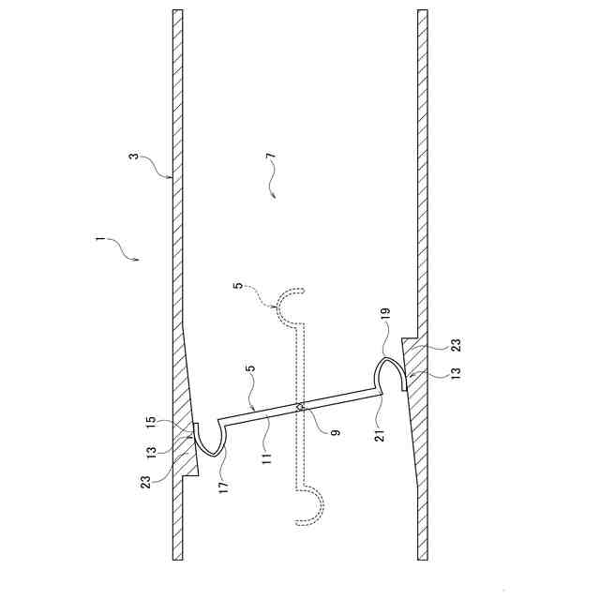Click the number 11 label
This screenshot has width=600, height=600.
pyautogui.click(x=266, y=458)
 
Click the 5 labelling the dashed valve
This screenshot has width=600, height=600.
pyautogui.click(x=239, y=286)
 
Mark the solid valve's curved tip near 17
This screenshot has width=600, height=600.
pyautogui.click(x=209, y=438)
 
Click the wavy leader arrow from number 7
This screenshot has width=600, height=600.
pyautogui.click(x=273, y=183)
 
